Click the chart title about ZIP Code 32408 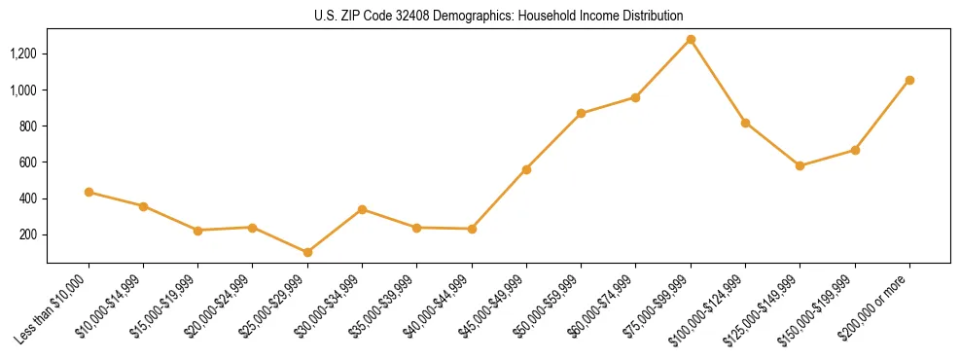(x=499, y=17)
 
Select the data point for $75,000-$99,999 (x=691, y=40)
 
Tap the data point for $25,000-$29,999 (x=307, y=252)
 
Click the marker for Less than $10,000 (x=89, y=193)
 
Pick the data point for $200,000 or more (x=909, y=80)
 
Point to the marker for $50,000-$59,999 (x=581, y=114)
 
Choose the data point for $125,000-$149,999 (x=800, y=166)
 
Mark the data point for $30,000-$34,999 (x=362, y=209)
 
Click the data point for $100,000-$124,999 (x=745, y=123)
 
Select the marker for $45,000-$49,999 (x=526, y=169)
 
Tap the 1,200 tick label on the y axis (x=23, y=54)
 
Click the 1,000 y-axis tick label (x=23, y=90)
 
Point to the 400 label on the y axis (x=28, y=198)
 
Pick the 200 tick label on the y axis (x=28, y=234)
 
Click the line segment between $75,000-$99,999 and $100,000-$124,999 (x=718, y=82)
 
